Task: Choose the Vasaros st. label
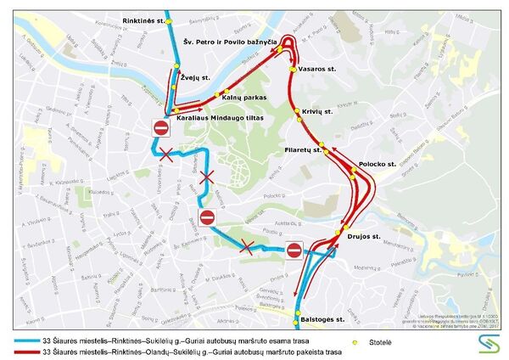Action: [318, 68]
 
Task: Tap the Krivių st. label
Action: [317, 111]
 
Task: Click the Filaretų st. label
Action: [299, 150]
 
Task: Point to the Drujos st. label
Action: [364, 236]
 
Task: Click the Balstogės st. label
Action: [322, 319]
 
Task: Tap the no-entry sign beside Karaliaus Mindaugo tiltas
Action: [161, 128]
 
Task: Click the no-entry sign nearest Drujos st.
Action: [294, 250]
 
